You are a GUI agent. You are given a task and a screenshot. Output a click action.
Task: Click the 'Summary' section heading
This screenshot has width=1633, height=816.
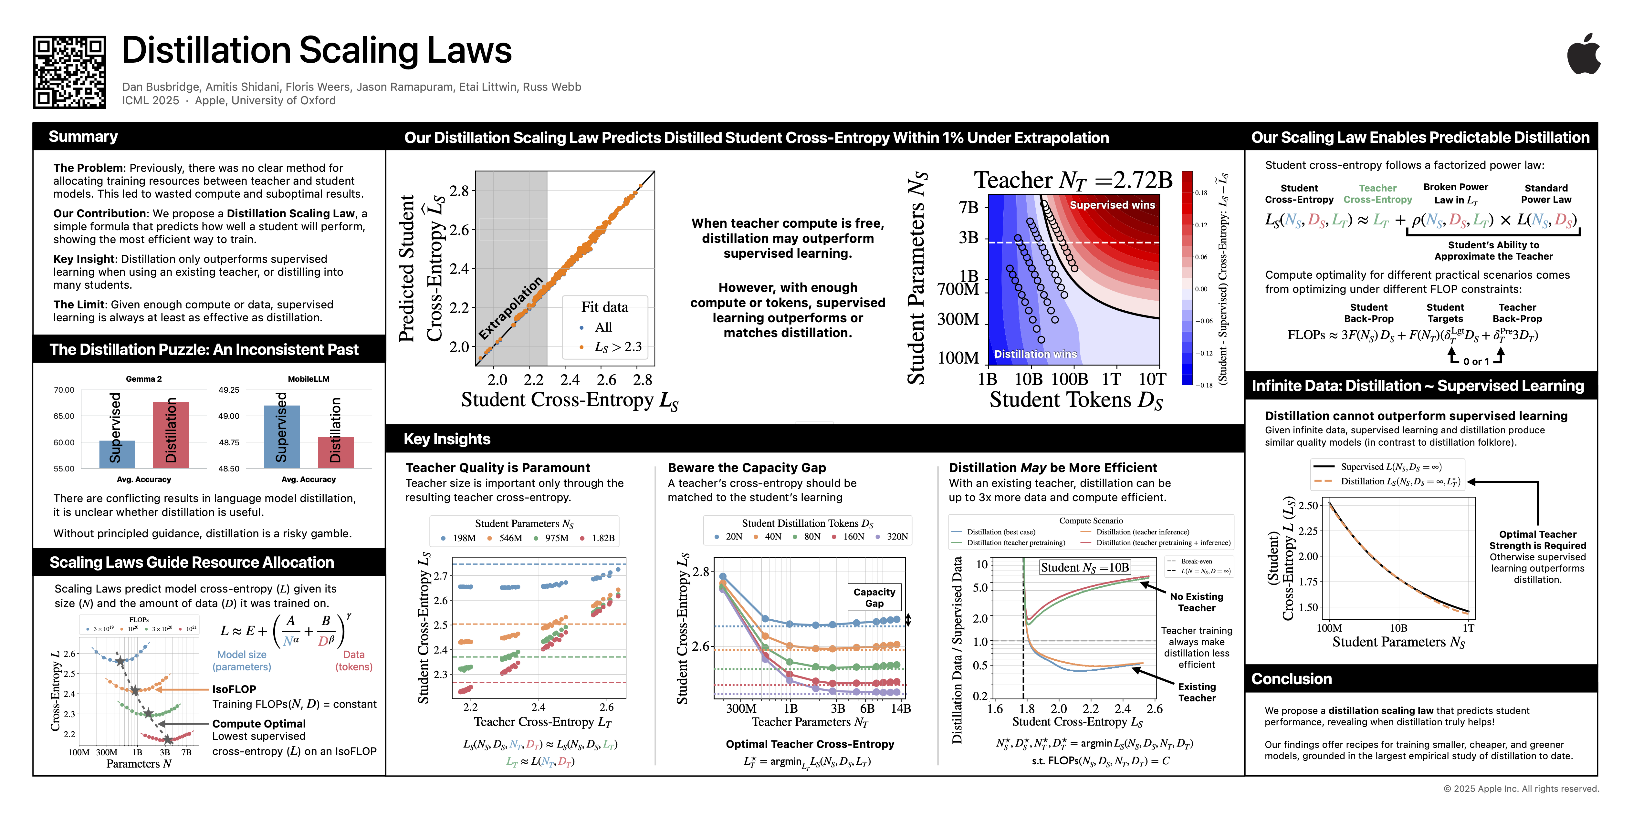coord(83,137)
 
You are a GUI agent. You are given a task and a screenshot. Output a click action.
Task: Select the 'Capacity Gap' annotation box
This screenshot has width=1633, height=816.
coord(874,597)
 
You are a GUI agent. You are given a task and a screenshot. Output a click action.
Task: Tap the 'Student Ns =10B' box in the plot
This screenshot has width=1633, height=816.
coord(1085,568)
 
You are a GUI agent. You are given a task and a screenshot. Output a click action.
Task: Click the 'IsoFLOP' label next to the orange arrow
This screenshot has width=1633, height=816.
coord(234,689)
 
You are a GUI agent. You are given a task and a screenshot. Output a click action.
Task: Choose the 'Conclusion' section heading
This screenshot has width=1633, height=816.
coord(1291,679)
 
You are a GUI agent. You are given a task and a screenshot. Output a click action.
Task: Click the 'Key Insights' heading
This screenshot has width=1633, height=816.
coord(447,439)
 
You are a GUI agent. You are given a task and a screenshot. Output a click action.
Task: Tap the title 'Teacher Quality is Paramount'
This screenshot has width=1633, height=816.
coord(497,468)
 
